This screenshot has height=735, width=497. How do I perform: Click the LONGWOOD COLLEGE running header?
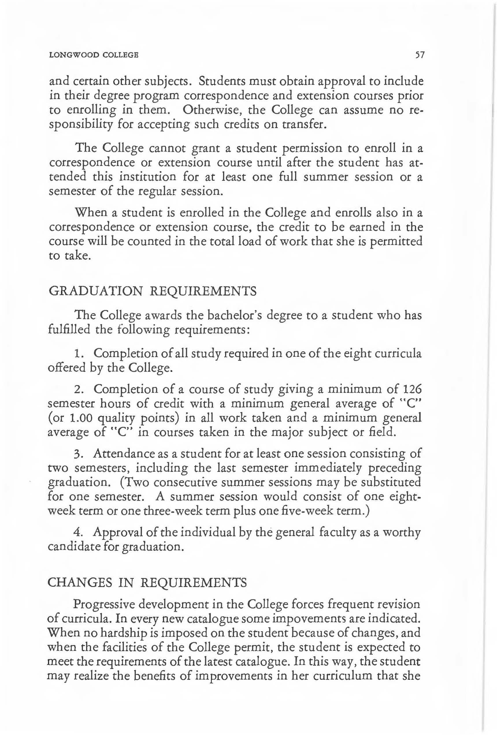[x=94, y=56]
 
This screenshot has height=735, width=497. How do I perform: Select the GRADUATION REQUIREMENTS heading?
[x=153, y=291]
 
